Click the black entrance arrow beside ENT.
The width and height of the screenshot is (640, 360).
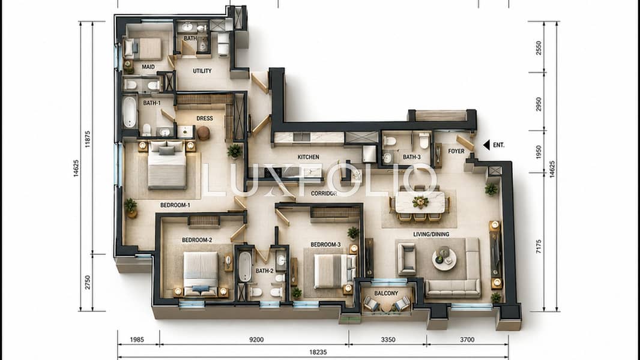(486, 145)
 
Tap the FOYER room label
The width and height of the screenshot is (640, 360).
(456, 151)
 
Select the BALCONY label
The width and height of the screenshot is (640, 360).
(386, 293)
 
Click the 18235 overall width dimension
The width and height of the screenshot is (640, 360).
(318, 352)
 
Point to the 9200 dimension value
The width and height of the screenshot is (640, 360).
(256, 340)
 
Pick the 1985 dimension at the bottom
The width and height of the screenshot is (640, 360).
(137, 340)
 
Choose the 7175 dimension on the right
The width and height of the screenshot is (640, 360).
(539, 247)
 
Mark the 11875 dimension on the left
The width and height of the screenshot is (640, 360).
(87, 139)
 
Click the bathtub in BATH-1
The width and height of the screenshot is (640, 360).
(130, 112)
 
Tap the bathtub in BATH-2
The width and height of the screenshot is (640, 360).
(245, 266)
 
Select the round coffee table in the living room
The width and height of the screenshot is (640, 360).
(444, 259)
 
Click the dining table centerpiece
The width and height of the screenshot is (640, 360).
(420, 202)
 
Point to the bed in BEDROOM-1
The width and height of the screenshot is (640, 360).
(166, 165)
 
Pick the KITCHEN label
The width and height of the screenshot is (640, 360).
(308, 157)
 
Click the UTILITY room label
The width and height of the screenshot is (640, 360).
(202, 71)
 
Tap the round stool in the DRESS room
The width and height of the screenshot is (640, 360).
(204, 133)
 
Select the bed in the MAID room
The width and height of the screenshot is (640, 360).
(143, 49)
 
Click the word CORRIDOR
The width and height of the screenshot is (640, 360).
(324, 194)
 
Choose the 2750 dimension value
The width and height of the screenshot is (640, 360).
(87, 282)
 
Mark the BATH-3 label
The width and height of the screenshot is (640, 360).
(411, 157)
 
